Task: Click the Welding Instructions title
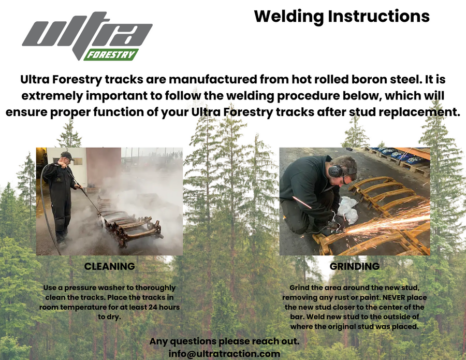[x=342, y=17]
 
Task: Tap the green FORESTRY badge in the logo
[x=110, y=54]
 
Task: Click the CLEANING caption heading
[x=109, y=267]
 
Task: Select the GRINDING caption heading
[x=355, y=267]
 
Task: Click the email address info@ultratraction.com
[x=224, y=354]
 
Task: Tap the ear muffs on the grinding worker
[x=335, y=170]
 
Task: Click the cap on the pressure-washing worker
[x=66, y=155]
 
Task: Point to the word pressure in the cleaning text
[x=77, y=287]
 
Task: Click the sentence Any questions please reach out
[x=224, y=342]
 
